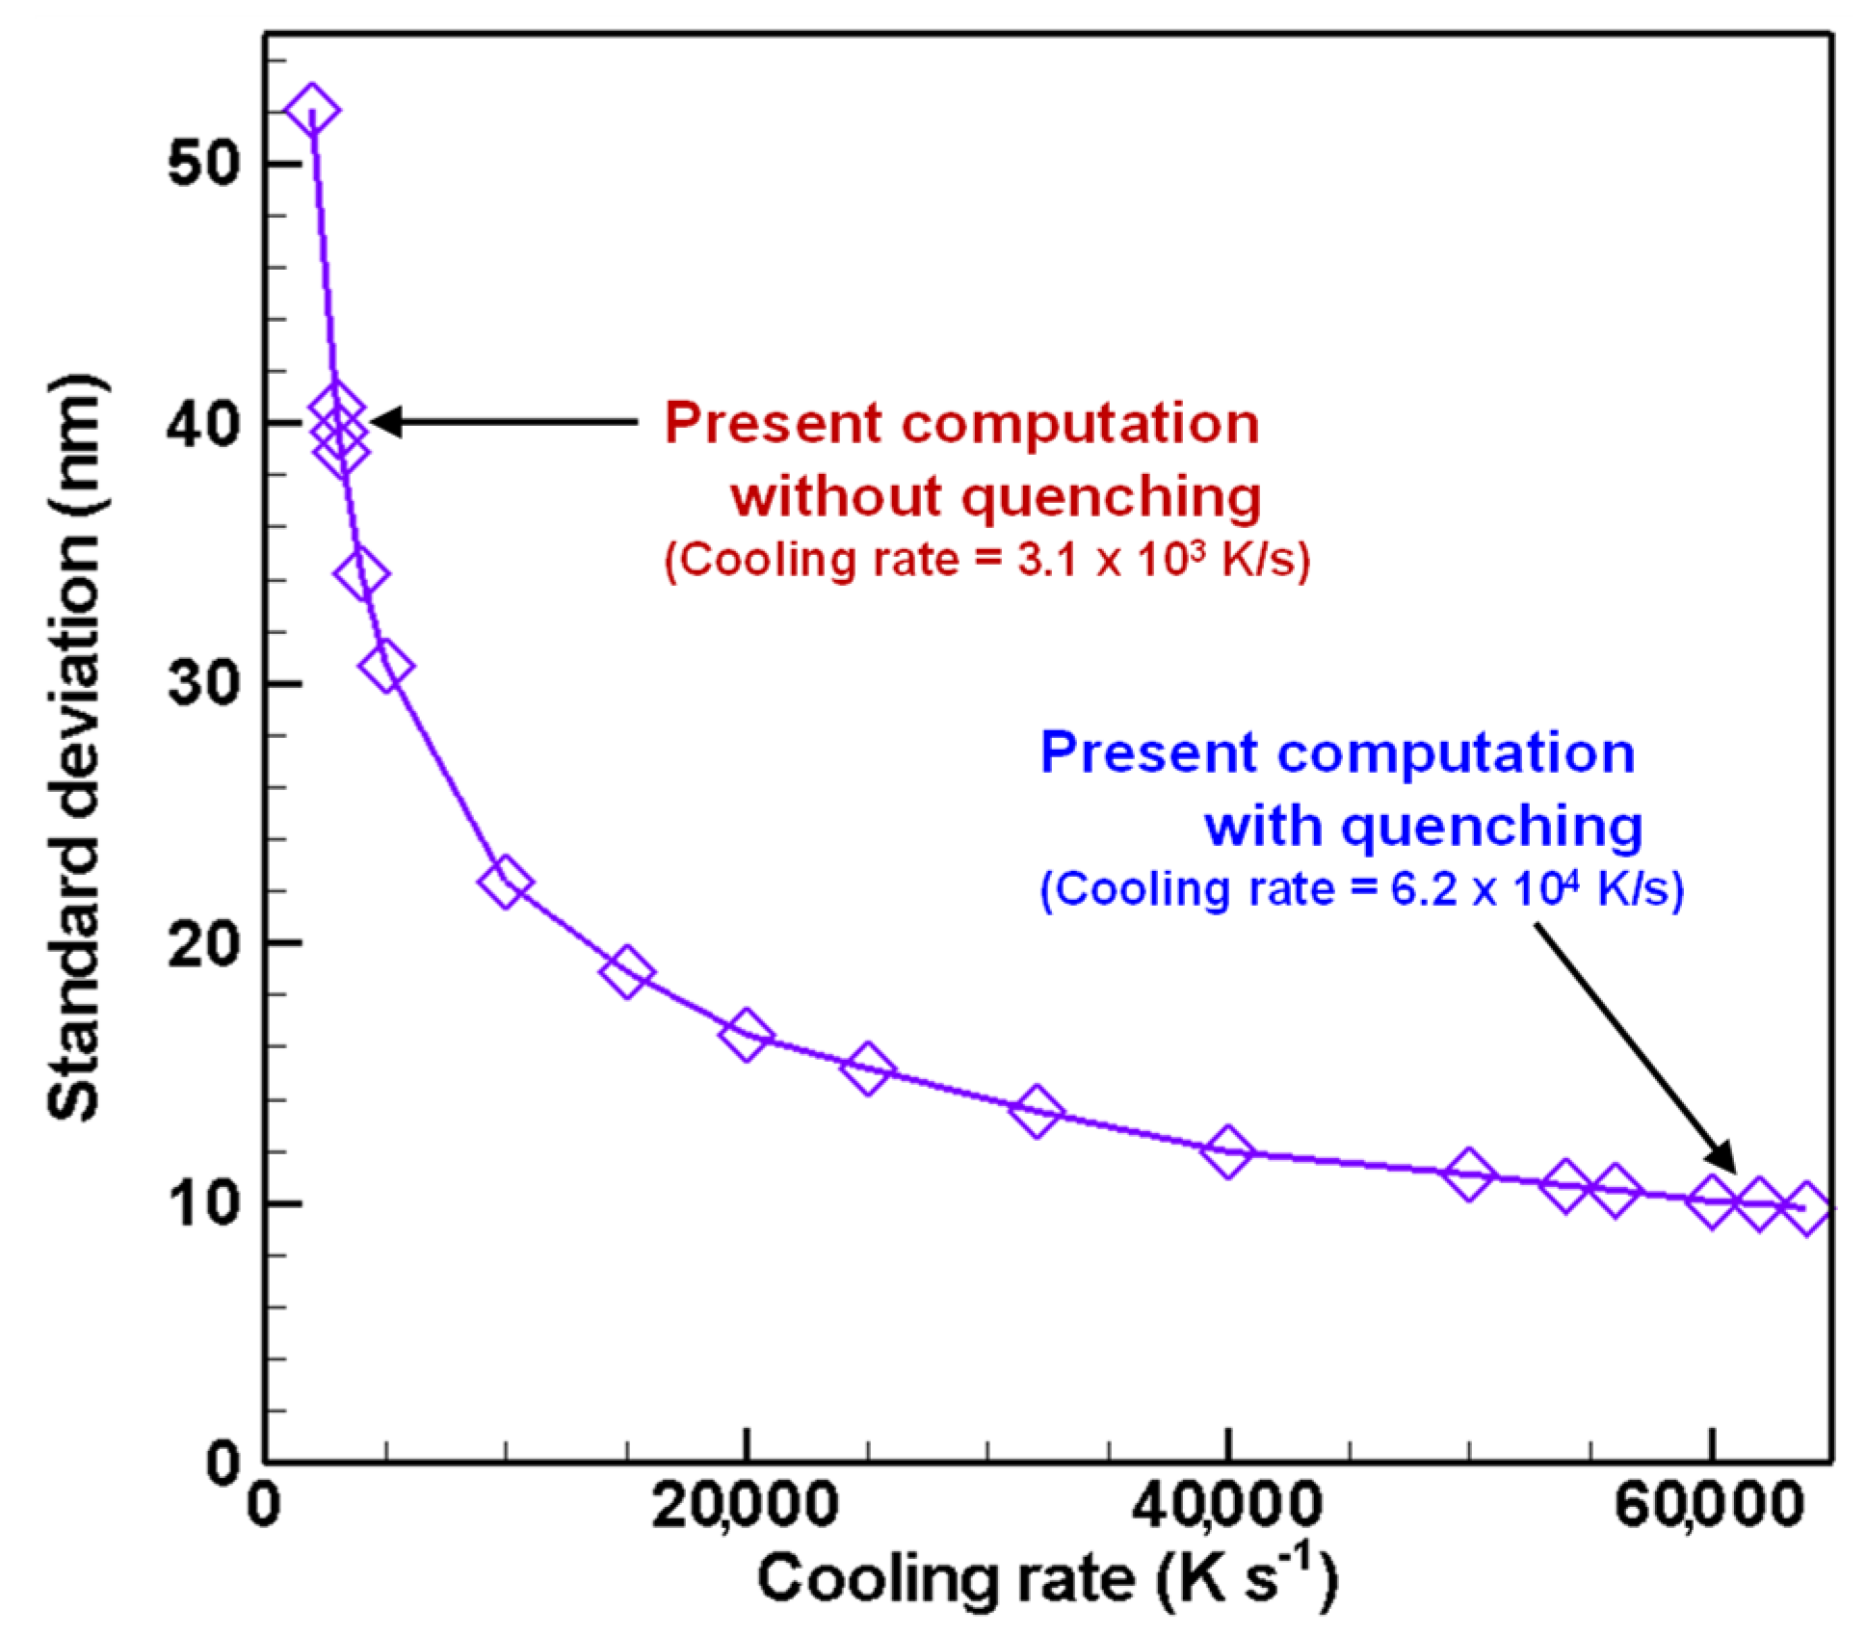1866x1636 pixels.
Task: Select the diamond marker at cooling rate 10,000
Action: (505, 883)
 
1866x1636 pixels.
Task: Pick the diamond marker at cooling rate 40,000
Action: (1227, 1151)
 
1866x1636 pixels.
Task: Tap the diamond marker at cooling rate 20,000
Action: (747, 1037)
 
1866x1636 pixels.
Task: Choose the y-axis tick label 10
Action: (204, 1204)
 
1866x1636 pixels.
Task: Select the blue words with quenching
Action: (1424, 825)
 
